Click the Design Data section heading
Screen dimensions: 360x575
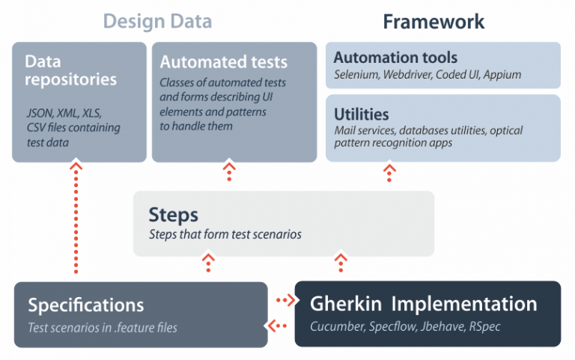(157, 21)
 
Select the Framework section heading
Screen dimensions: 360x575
(433, 21)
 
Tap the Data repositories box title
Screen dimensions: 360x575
(71, 70)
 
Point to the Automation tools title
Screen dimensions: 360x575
(395, 58)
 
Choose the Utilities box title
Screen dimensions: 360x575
(361, 115)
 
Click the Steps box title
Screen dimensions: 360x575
(173, 215)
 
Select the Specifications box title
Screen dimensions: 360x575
(86, 305)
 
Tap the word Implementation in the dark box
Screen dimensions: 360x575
(465, 304)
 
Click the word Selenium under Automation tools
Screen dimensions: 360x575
(355, 75)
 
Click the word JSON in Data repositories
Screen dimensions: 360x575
(40, 114)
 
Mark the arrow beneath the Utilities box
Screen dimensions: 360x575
(389, 173)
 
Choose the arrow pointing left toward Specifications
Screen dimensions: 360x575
(278, 326)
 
